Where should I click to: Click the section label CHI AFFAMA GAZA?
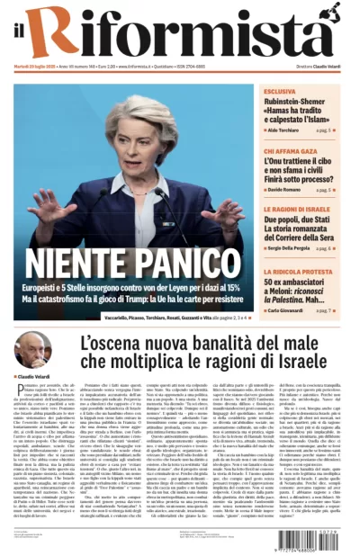click(289, 149)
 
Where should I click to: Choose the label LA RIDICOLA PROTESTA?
click(297, 270)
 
